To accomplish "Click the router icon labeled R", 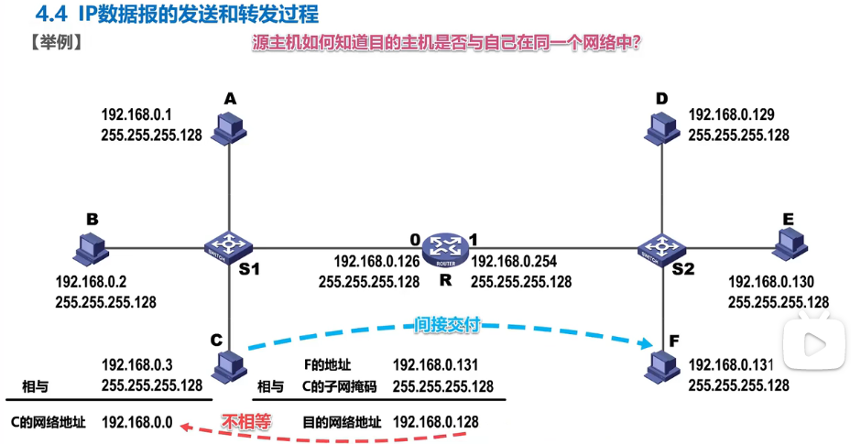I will (445, 245).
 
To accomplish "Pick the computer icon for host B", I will (89, 244).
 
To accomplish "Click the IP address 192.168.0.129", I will (731, 114).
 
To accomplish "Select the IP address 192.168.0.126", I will (376, 261).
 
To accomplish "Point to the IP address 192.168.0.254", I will (514, 261).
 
